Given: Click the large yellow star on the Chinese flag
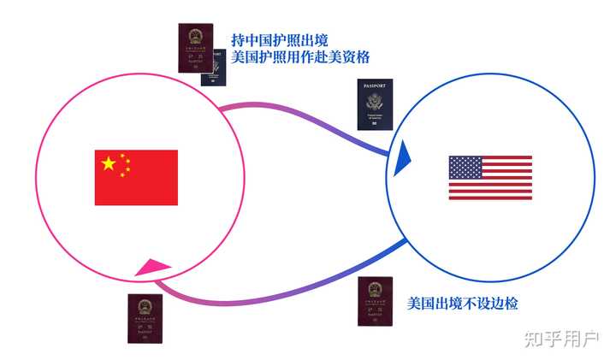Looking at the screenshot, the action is pos(108,163).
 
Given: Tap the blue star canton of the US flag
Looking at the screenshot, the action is pos(465,167).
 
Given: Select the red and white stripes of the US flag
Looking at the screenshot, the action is pos(500,188).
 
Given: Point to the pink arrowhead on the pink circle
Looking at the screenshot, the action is pos(152,269).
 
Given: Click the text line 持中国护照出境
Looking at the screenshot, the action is pos(279,40).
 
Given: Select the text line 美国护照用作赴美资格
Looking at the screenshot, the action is pos(300,57).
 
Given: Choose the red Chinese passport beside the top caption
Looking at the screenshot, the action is pos(196,48).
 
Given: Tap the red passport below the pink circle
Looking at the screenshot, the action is pos(145,319).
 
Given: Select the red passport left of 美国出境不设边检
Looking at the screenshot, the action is pos(375,301).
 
